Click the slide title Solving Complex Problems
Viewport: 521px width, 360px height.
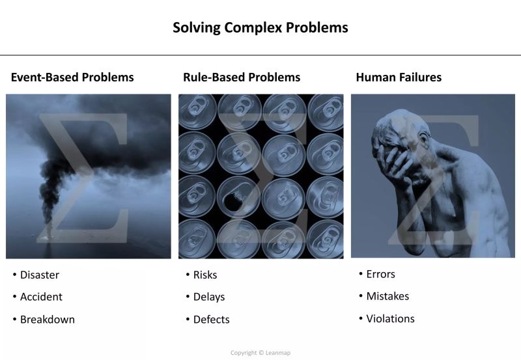coord(260,28)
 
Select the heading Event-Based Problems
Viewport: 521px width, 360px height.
coord(72,77)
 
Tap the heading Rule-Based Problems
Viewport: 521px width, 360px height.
coord(242,77)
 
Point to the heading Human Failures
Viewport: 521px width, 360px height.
coord(399,77)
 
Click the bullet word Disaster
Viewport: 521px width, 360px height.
coord(40,275)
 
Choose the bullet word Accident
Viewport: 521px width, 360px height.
coord(41,297)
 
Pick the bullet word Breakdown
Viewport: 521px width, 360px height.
coord(47,320)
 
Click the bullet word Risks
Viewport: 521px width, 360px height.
coord(205,275)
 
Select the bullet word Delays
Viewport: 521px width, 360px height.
coord(209,297)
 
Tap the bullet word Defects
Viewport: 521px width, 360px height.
coord(211,320)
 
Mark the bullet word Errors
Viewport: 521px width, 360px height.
coord(380,274)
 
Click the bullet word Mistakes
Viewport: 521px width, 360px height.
coord(387,296)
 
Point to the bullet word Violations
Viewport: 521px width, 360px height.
coord(390,319)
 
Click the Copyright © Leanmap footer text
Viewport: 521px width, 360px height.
coord(260,353)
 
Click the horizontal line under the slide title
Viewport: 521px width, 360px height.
coord(260,55)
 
